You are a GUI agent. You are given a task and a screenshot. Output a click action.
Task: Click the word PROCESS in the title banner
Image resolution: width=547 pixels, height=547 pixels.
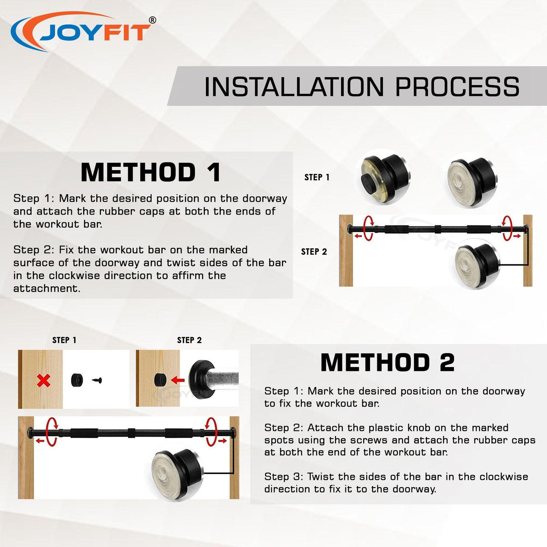pos(457,87)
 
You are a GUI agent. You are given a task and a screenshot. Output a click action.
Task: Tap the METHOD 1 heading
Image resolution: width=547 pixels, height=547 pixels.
pos(150,172)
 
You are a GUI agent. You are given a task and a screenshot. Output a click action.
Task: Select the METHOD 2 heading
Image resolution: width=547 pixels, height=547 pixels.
pos(388,362)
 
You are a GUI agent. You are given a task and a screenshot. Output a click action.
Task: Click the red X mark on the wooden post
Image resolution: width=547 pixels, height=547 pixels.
pos(44,381)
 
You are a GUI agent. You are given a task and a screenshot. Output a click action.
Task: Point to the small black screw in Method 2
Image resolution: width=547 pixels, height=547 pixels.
pos(97,380)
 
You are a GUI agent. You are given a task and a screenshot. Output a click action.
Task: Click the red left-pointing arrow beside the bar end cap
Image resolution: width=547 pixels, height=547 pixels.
pos(178,380)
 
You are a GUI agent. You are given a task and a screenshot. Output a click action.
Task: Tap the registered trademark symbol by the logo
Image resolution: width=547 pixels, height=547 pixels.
pos(153,20)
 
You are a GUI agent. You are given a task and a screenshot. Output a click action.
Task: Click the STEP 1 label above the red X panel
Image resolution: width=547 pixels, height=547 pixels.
pos(64,340)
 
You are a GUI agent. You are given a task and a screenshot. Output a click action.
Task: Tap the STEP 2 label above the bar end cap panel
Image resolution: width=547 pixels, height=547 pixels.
pos(189,340)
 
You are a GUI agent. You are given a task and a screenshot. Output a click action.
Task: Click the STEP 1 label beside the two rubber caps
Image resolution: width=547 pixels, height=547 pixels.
pos(317,177)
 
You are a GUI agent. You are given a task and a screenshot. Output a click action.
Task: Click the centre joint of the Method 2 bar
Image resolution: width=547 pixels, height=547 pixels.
pos(132,433)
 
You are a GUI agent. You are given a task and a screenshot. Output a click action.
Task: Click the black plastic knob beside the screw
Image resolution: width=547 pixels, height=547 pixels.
pos(76,380)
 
